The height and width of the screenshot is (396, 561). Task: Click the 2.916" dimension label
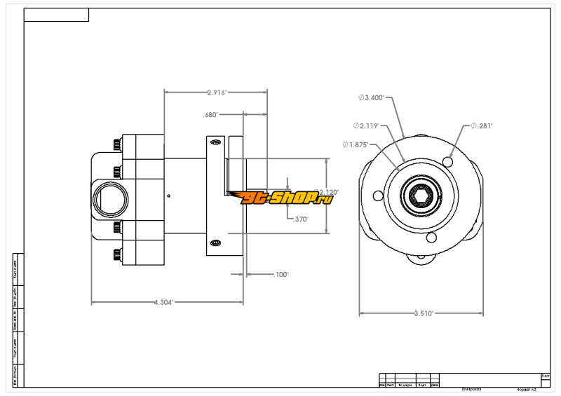[x=217, y=92]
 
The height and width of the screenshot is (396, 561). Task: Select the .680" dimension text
[x=211, y=114]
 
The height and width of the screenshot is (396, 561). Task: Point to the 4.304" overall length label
[x=163, y=302]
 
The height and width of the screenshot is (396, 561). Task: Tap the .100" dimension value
[x=280, y=275]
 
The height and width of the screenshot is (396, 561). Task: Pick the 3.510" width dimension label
[x=423, y=313]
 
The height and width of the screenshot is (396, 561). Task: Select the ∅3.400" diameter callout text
[x=371, y=98]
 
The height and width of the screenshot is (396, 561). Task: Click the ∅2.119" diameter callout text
[x=366, y=126]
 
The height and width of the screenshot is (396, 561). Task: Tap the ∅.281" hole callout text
[x=482, y=126]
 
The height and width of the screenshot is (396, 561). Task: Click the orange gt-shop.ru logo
[x=285, y=198]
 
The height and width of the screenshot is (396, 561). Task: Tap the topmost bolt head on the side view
[x=116, y=145]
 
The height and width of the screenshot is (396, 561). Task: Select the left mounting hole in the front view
[x=377, y=195]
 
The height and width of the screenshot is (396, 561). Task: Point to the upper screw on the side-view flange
[x=215, y=143]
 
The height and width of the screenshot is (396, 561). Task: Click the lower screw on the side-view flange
[x=215, y=243]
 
